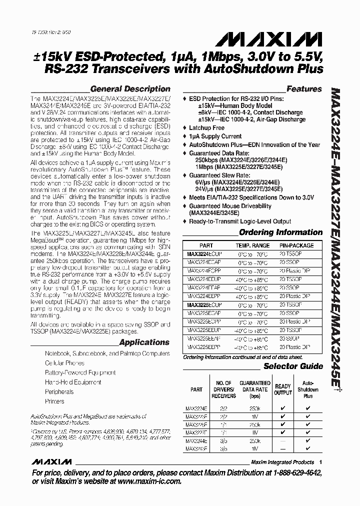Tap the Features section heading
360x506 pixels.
point(304,89)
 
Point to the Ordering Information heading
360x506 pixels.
point(280,232)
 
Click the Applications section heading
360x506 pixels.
point(144,342)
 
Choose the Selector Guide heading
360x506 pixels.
point(293,366)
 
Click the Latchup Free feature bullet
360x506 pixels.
point(206,128)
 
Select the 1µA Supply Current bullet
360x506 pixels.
point(215,136)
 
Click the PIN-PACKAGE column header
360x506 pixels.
point(297,245)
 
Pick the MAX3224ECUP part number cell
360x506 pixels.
point(204,254)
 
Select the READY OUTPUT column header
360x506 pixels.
point(283,389)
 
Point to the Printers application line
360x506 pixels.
point(54,401)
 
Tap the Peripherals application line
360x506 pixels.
point(59,392)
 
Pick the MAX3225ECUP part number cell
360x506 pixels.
point(204,304)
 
